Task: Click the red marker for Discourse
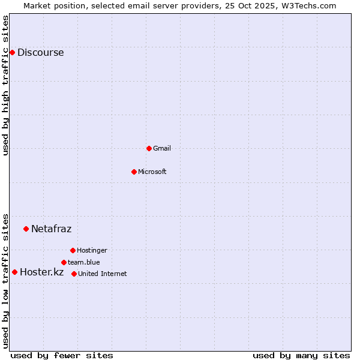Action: [12, 52]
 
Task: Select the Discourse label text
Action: [40, 52]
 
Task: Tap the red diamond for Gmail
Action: [149, 148]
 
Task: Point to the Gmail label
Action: [162, 148]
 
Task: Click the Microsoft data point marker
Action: [134, 172]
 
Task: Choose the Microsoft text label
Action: [152, 172]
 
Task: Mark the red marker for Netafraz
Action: [26, 229]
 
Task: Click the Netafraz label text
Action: [51, 229]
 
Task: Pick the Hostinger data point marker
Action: [73, 250]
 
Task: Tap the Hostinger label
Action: [92, 250]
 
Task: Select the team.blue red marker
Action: [64, 262]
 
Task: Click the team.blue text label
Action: [83, 262]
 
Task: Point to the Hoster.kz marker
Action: [14, 272]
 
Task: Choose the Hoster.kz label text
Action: [41, 272]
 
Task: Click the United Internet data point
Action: [74, 274]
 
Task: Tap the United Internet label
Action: [102, 274]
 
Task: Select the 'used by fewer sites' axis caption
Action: [62, 355]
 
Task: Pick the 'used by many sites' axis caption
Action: [301, 355]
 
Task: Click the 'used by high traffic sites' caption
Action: [6, 85]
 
